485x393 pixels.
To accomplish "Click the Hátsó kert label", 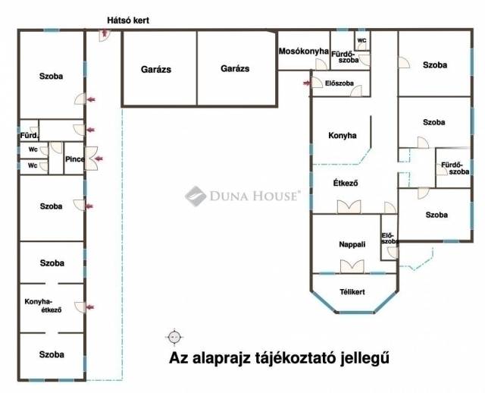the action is point(128,20).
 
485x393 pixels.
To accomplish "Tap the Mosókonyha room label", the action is point(303,51).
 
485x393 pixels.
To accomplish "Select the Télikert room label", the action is point(352,292).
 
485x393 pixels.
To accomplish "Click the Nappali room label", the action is point(352,244).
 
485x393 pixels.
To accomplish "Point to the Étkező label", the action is point(346,183).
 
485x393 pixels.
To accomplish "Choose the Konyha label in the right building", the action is point(342,135).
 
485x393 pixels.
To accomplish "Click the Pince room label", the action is point(74,159).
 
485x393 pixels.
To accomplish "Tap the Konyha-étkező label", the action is point(42,305).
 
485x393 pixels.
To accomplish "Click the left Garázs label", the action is point(156,69).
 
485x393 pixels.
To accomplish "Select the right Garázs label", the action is point(235,68).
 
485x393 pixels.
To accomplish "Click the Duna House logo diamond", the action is point(196,196).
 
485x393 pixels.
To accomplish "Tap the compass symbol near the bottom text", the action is point(174,337).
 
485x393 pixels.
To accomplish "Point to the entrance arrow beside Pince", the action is point(99,159).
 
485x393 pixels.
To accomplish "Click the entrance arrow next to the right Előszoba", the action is point(307,83).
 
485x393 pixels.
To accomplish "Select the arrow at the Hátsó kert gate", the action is point(105,32).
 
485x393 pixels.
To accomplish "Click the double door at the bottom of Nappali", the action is point(352,266).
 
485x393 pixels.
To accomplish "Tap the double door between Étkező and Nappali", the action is point(349,207).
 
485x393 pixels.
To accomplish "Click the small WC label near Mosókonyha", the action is point(361,40).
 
